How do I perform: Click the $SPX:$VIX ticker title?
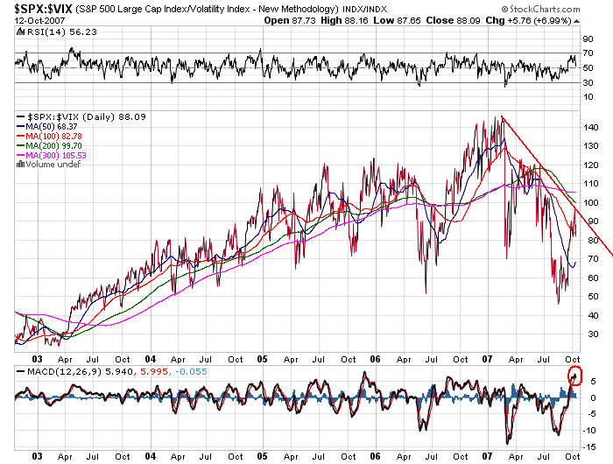[x=36, y=9]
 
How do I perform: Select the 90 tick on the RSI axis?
[x=588, y=39]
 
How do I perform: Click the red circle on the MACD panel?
[x=574, y=377]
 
